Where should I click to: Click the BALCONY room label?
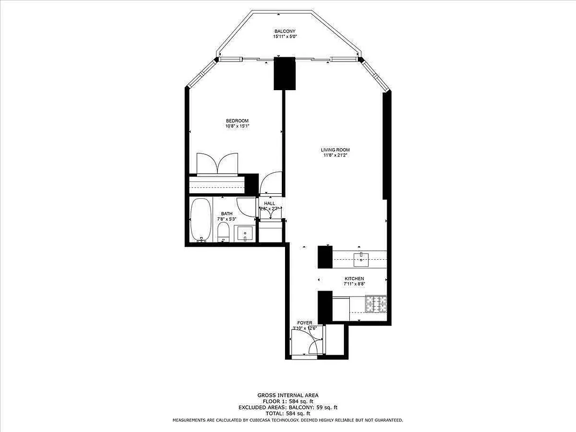coord(285,32)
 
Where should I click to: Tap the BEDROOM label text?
coord(237,120)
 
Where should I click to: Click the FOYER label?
coord(304,322)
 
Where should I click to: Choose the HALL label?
coord(269,204)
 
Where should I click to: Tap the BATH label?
coord(226,214)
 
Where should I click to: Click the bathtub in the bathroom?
coord(201,220)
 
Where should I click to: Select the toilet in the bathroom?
coord(223,233)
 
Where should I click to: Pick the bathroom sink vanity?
coord(245,234)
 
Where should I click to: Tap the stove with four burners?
coord(376,304)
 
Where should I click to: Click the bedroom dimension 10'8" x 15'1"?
coord(237,126)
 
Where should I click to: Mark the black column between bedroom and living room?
coord(285,73)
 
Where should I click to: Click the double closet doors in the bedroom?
coord(218,164)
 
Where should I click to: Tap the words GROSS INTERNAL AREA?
coord(287,395)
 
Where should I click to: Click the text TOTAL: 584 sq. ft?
coord(287,413)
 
